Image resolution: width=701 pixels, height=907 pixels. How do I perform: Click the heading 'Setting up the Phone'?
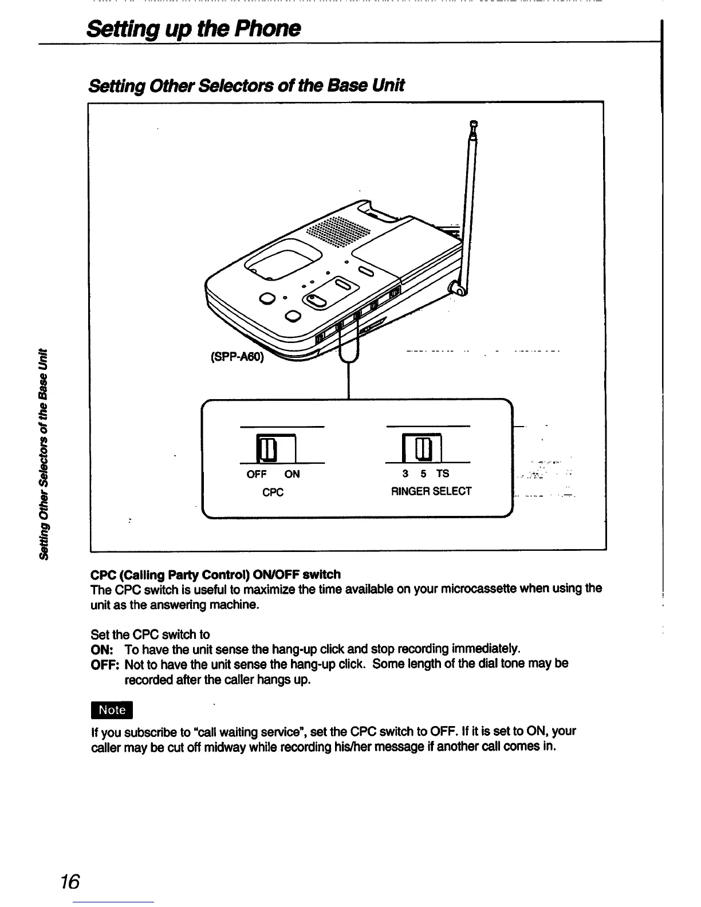pyautogui.click(x=193, y=29)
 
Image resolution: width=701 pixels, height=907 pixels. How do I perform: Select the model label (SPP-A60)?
pyautogui.click(x=235, y=357)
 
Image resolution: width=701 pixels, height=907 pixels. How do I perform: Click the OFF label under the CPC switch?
pyautogui.click(x=257, y=474)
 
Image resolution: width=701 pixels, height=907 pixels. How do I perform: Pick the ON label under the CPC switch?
pyautogui.click(x=292, y=474)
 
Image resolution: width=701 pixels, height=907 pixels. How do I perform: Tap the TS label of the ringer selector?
pyautogui.click(x=443, y=474)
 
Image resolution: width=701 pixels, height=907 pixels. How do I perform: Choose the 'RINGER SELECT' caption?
pyautogui.click(x=431, y=491)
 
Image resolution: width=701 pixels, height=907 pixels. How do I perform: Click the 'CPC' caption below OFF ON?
pyautogui.click(x=273, y=492)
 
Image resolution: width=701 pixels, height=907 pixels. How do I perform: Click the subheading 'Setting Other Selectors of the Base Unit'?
pyautogui.click(x=246, y=85)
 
